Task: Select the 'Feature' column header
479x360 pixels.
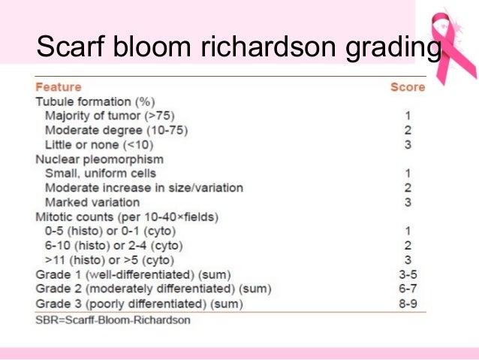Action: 58,87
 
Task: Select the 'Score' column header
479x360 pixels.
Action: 407,87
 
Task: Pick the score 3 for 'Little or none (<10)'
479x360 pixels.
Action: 408,144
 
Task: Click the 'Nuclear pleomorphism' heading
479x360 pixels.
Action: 99,159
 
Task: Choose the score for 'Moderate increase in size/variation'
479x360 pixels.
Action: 408,188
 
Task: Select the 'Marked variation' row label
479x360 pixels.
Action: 92,202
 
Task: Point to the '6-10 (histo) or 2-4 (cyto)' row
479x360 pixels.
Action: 114,246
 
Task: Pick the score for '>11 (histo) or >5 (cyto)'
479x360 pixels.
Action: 408,260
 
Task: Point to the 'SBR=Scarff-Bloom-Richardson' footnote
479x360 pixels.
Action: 113,319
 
